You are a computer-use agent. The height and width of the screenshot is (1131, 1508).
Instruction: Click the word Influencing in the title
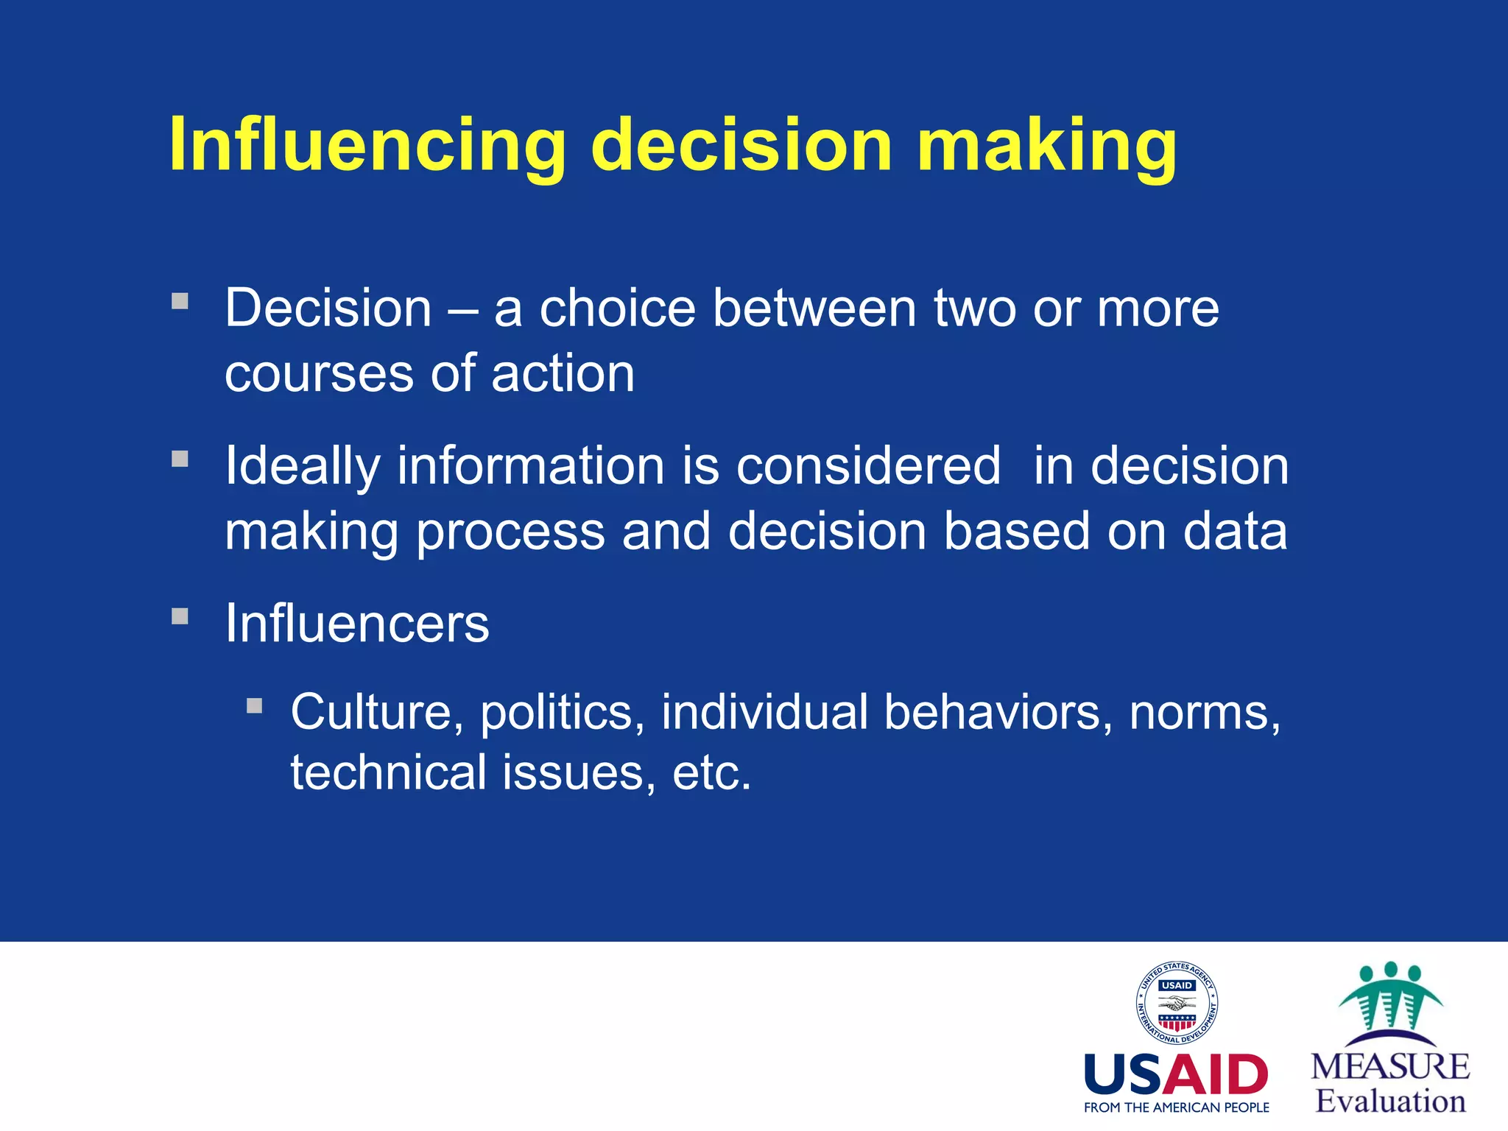[x=367, y=145]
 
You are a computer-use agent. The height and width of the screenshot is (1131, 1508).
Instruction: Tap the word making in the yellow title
[x=1046, y=145]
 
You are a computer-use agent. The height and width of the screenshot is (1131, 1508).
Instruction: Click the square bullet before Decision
[x=180, y=301]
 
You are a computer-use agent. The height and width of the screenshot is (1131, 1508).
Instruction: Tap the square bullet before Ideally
[x=180, y=459]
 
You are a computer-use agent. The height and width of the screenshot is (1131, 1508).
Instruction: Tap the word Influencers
[x=356, y=624]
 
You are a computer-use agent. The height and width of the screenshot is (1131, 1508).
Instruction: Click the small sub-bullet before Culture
[x=255, y=706]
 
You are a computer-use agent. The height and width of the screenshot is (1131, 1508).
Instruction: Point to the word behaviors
[x=998, y=713]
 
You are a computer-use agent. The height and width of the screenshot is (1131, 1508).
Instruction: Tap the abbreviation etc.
[x=711, y=773]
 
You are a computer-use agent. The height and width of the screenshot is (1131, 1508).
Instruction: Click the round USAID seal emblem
[x=1177, y=1003]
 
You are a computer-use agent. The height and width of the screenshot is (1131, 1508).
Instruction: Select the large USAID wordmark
[x=1177, y=1075]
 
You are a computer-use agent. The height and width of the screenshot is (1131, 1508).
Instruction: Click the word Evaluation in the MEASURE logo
[x=1390, y=1102]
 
